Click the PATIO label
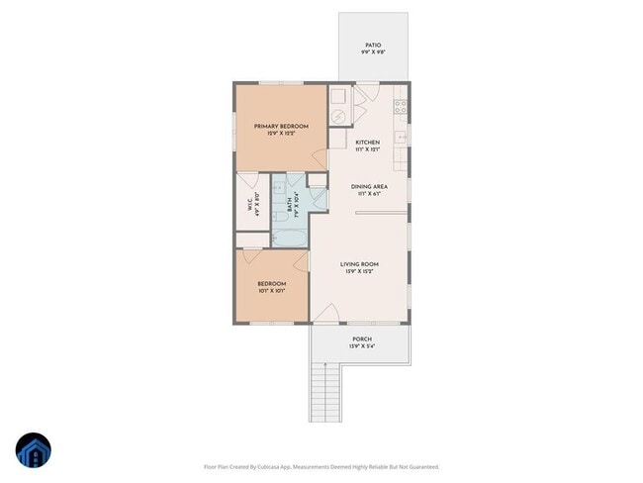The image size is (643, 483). (x=373, y=45)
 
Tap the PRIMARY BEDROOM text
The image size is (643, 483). (x=281, y=127)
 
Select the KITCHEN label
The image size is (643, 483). (x=368, y=143)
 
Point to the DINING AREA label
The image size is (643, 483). (x=368, y=186)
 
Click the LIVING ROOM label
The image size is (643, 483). (x=360, y=264)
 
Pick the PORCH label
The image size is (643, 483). (x=361, y=338)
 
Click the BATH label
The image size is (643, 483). (x=289, y=206)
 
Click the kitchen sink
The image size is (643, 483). (x=402, y=137)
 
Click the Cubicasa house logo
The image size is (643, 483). (x=34, y=450)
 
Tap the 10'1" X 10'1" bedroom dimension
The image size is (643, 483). (x=272, y=291)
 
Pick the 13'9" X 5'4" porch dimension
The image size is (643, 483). (x=361, y=346)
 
